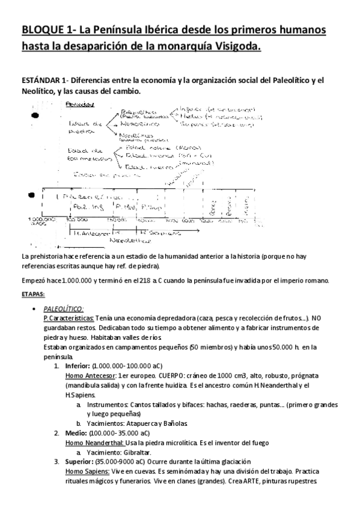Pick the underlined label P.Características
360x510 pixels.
coord(68,318)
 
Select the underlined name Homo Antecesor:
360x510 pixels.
coord(90,375)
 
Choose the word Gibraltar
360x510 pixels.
coord(133,452)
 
